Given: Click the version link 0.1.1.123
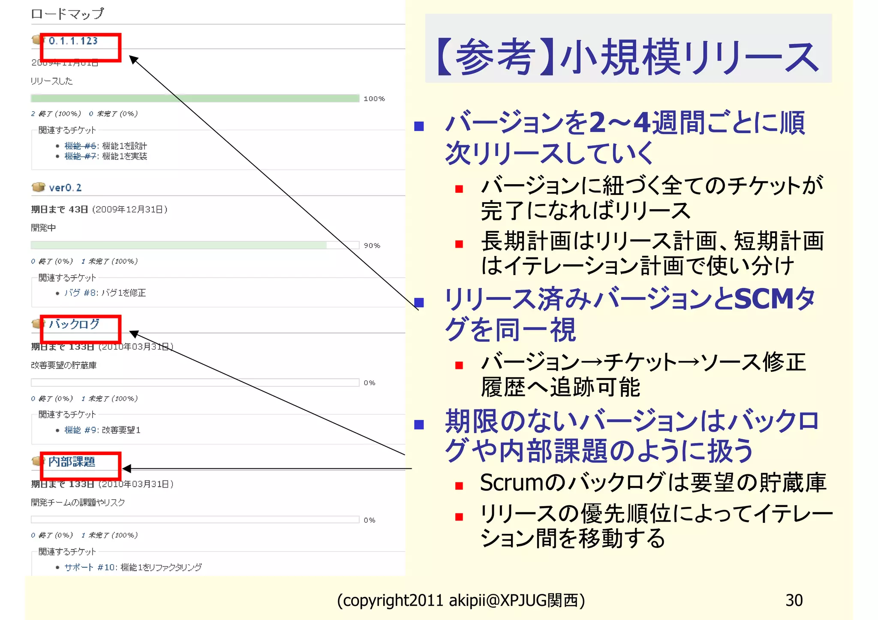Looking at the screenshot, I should pos(73,41).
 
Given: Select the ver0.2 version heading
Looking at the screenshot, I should pos(65,188).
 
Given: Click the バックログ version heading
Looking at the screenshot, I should pos(74,324).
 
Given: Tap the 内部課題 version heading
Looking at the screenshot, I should pos(72,461).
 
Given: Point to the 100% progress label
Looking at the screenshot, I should pos(374,99).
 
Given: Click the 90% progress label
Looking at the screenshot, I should pos(372,246).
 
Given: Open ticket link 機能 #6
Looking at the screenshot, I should pos(81,146).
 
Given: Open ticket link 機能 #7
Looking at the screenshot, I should pos(81,156).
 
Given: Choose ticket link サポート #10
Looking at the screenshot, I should pos(89,567).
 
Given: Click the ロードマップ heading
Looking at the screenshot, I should pos(67,14).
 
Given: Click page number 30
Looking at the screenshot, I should pos(794,600).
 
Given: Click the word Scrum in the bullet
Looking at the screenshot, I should pos(511,483).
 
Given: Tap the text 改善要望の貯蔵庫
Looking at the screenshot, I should pos(64,365).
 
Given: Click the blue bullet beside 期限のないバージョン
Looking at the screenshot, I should pos(419,425).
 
